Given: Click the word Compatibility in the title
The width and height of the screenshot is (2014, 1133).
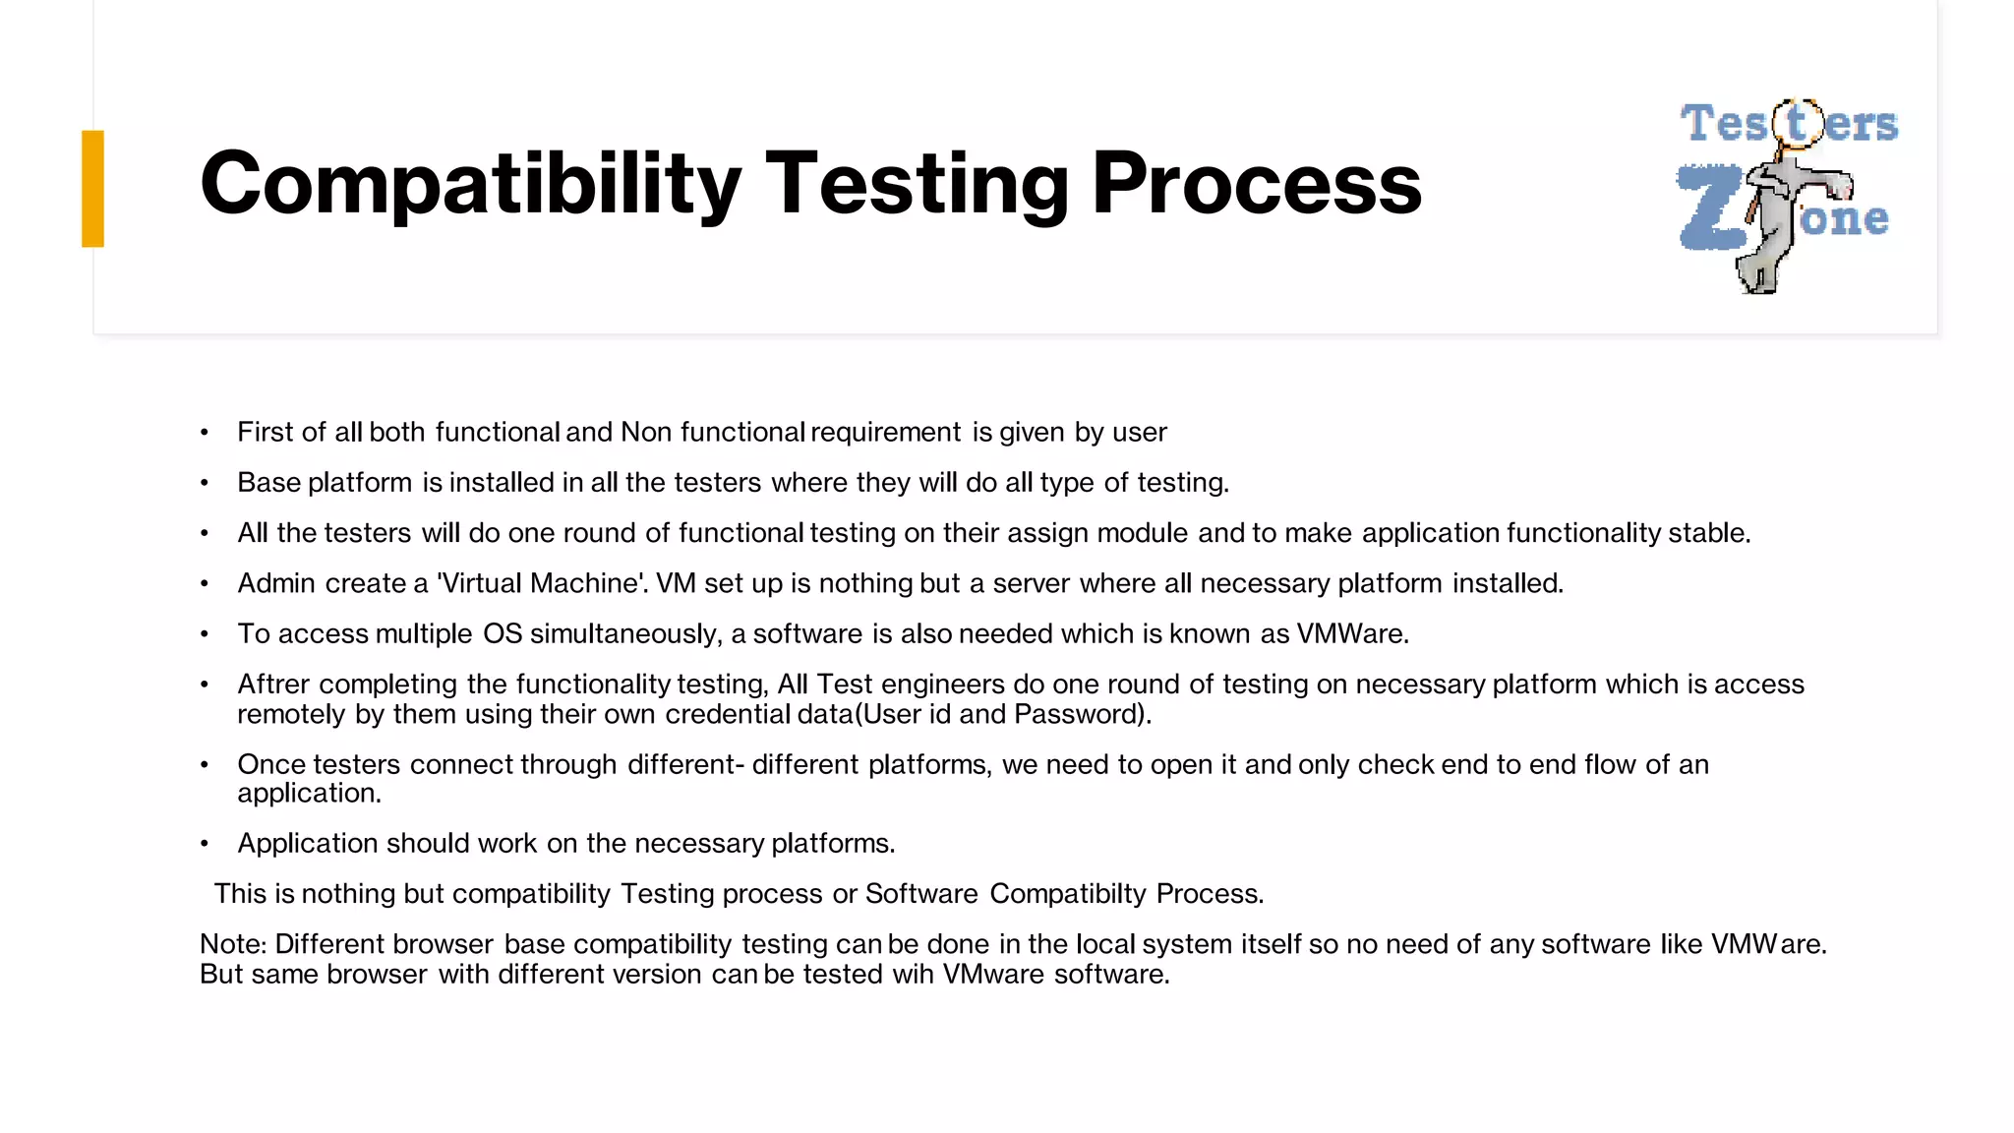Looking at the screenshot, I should pyautogui.click(x=470, y=184).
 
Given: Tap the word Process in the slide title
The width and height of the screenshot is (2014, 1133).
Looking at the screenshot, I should pyautogui.click(x=1256, y=184).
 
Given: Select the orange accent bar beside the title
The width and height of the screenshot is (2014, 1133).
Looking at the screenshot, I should pyautogui.click(x=92, y=188).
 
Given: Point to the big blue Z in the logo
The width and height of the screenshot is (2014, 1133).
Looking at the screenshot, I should pyautogui.click(x=1711, y=208).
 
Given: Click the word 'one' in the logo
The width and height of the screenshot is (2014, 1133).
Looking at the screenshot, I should pyautogui.click(x=1844, y=218).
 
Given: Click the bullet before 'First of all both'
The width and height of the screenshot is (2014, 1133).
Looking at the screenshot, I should pyautogui.click(x=205, y=433).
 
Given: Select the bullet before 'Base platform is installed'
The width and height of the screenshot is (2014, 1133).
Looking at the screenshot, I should pyautogui.click(x=205, y=483).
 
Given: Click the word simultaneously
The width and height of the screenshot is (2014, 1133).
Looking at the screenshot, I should pyautogui.click(x=625, y=633).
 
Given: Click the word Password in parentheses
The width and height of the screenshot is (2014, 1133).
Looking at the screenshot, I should pyautogui.click(x=1077, y=714).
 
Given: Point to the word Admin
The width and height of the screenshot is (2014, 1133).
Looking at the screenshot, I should pyautogui.click(x=276, y=583).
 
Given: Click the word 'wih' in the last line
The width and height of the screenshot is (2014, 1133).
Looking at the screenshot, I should pyautogui.click(x=913, y=975).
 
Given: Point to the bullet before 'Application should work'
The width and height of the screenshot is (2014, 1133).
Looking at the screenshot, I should pyautogui.click(x=205, y=844).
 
